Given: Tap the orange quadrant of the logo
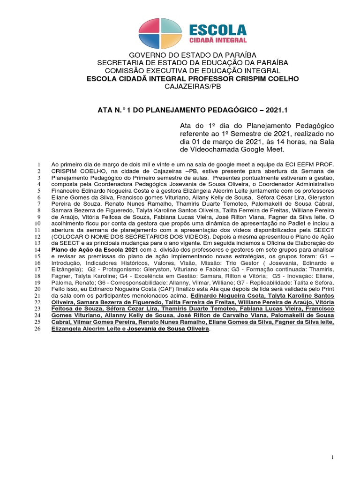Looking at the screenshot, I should tap(172, 40).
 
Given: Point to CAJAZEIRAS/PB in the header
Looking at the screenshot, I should tap(193, 86).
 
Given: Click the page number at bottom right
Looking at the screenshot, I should tap(332, 457).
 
